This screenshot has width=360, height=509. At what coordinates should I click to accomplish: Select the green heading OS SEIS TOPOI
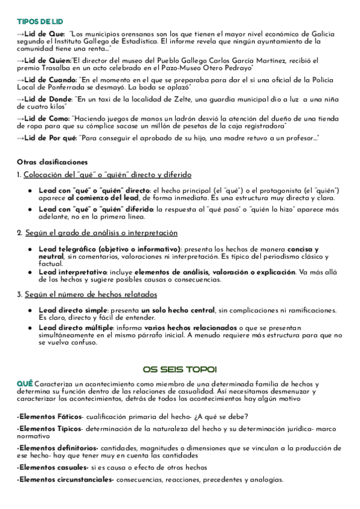point(179,369)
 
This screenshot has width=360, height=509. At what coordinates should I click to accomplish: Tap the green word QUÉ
point(25,383)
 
